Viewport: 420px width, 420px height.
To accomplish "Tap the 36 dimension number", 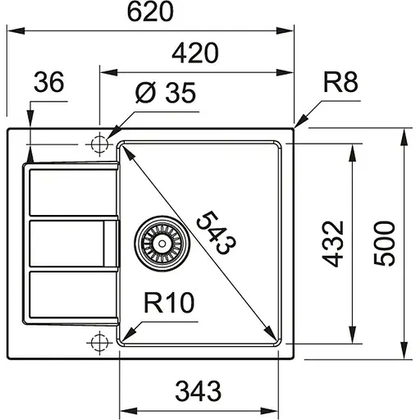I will coord(50,82).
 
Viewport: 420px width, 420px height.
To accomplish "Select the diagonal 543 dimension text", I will coord(217,232).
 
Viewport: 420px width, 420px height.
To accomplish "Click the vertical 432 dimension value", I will coord(330,244).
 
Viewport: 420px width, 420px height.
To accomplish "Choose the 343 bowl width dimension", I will coord(199,391).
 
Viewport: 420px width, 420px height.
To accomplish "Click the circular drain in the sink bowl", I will coord(161,243).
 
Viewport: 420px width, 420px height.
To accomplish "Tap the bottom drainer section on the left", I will coord(70,295).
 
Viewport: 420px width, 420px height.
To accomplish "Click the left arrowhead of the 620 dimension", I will coord(14,31).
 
